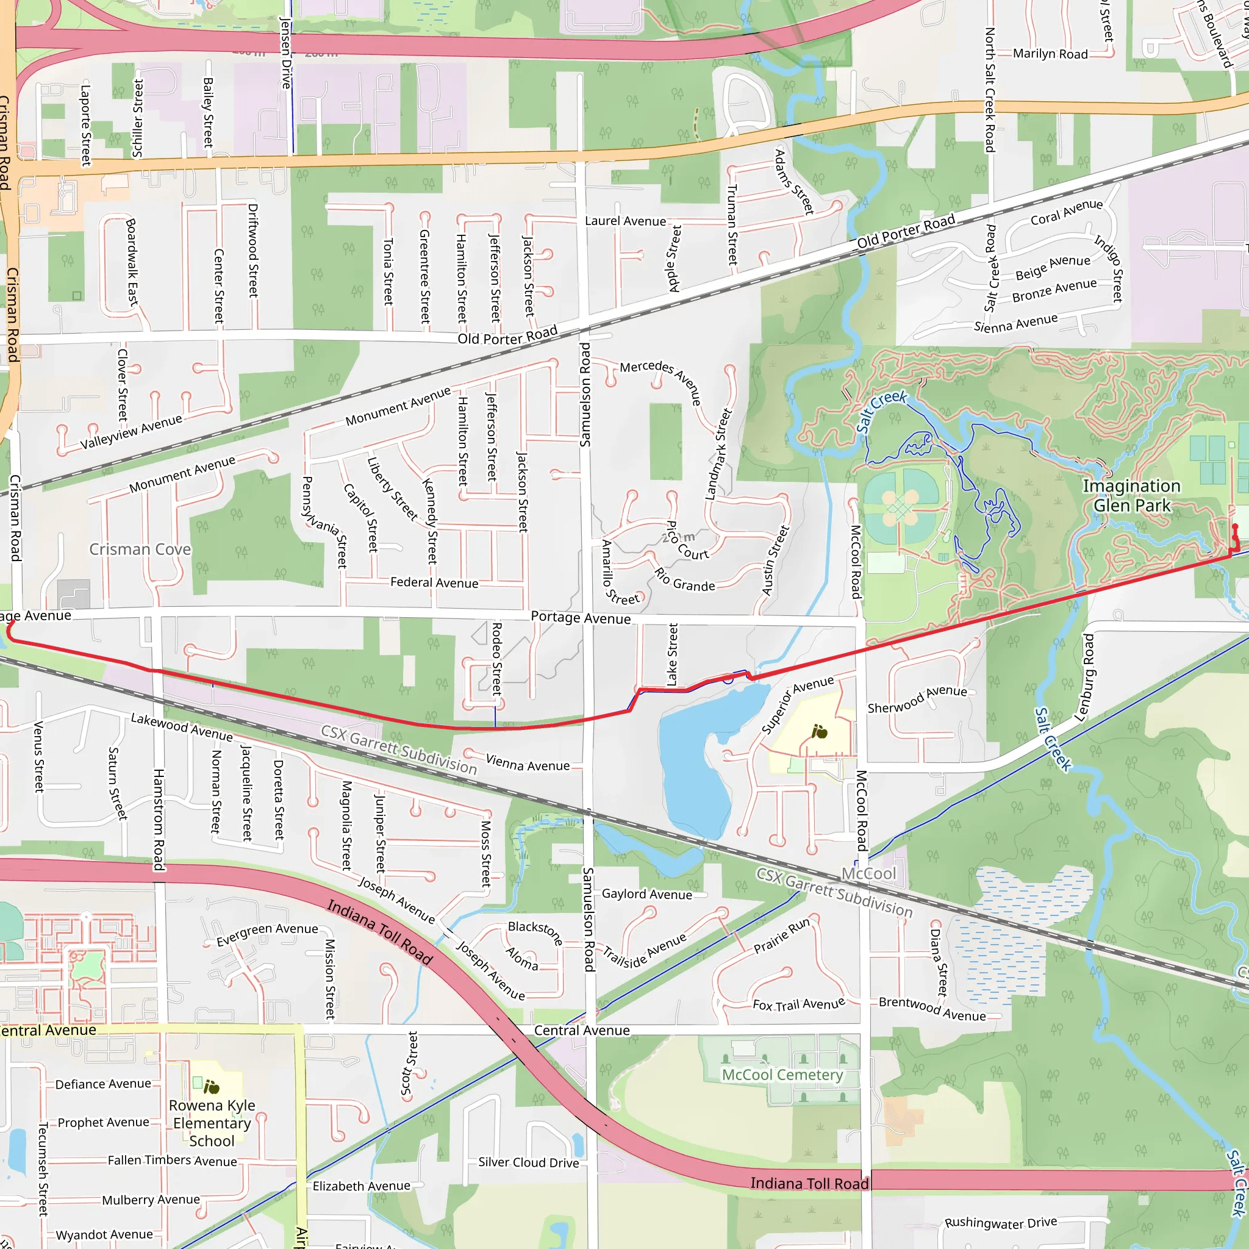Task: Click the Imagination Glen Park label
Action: click(1131, 495)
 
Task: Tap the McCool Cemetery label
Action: click(782, 1075)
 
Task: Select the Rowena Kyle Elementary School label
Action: click(212, 1123)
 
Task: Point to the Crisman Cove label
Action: click(140, 549)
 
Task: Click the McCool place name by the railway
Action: click(868, 873)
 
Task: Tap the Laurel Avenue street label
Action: click(625, 221)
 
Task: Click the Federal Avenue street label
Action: click(434, 582)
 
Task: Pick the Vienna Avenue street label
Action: click(528, 764)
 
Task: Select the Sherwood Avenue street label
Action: click(917, 700)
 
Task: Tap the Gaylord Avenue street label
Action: click(646, 894)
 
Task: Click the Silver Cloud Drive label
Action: click(528, 1162)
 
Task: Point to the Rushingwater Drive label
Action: click(1001, 1223)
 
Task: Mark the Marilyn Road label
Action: click(1050, 54)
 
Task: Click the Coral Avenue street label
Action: click(1067, 212)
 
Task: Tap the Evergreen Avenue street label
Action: click(267, 934)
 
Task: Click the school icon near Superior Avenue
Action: click(820, 732)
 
